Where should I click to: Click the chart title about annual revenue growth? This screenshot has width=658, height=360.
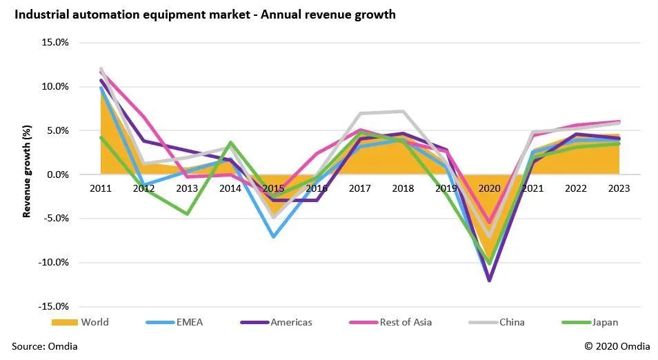pyautogui.click(x=203, y=14)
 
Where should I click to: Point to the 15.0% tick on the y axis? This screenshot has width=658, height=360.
pyautogui.click(x=55, y=42)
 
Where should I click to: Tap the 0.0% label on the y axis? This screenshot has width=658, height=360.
pyautogui.click(x=57, y=174)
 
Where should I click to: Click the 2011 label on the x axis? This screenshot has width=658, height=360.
pyautogui.click(x=101, y=188)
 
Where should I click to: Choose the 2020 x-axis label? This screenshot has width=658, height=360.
pyautogui.click(x=490, y=188)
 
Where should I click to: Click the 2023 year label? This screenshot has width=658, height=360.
pyautogui.click(x=619, y=188)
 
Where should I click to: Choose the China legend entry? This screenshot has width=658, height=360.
pyautogui.click(x=511, y=322)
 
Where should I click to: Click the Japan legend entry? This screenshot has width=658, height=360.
pyautogui.click(x=605, y=322)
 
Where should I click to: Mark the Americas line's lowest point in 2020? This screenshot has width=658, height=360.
pyautogui.click(x=490, y=280)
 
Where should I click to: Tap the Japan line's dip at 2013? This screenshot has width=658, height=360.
pyautogui.click(x=187, y=214)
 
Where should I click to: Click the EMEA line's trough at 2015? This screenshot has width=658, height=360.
pyautogui.click(x=274, y=237)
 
